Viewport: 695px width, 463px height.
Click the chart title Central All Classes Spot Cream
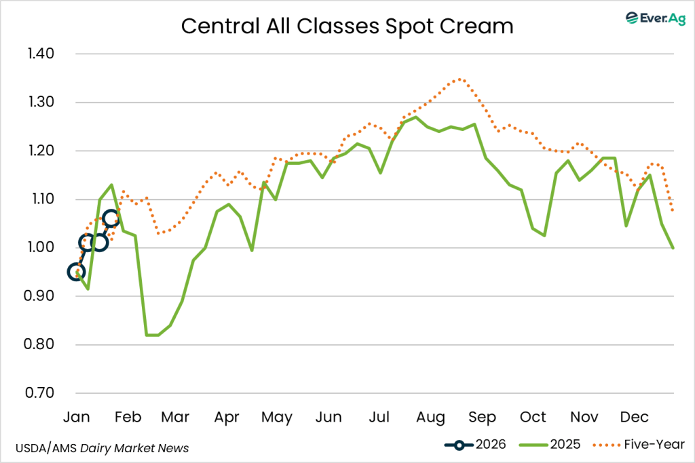(347, 26)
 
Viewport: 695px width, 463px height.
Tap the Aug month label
(430, 416)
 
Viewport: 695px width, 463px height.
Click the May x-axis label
(276, 416)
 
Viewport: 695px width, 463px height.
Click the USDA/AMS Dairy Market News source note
(102, 448)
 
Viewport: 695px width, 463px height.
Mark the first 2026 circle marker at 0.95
(77, 272)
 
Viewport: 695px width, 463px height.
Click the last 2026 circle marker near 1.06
(111, 218)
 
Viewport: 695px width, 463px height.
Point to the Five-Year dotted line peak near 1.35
(460, 79)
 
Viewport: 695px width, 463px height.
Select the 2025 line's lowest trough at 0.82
(152, 335)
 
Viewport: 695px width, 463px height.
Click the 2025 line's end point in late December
(673, 248)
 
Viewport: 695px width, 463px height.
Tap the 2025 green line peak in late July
(415, 117)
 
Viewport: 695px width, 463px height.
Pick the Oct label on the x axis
(533, 416)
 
